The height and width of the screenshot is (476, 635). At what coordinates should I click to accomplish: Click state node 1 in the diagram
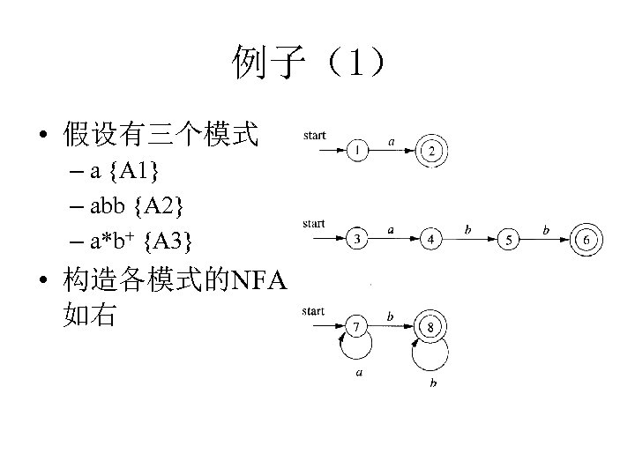pyautogui.click(x=357, y=151)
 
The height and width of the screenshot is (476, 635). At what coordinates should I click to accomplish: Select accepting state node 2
pyautogui.click(x=432, y=151)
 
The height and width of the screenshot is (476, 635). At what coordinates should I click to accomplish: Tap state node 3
pyautogui.click(x=357, y=238)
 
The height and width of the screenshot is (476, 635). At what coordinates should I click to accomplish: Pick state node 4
pyautogui.click(x=431, y=238)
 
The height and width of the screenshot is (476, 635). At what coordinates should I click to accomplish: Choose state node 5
pyautogui.click(x=508, y=238)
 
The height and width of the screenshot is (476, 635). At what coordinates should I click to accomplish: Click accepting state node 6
pyautogui.click(x=586, y=238)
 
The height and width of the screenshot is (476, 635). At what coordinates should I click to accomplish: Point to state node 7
pyautogui.click(x=357, y=327)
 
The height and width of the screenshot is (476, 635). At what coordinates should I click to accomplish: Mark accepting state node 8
pyautogui.click(x=431, y=327)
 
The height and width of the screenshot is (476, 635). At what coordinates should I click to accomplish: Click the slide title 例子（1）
pyautogui.click(x=309, y=63)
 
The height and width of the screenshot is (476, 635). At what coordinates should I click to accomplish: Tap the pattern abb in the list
pyautogui.click(x=107, y=205)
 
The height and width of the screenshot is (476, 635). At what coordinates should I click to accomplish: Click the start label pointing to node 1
pyautogui.click(x=314, y=135)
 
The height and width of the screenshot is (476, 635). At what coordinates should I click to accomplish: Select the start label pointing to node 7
pyautogui.click(x=314, y=310)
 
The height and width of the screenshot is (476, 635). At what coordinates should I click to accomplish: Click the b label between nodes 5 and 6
pyautogui.click(x=547, y=229)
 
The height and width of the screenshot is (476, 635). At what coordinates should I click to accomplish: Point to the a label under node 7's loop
pyautogui.click(x=359, y=373)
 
